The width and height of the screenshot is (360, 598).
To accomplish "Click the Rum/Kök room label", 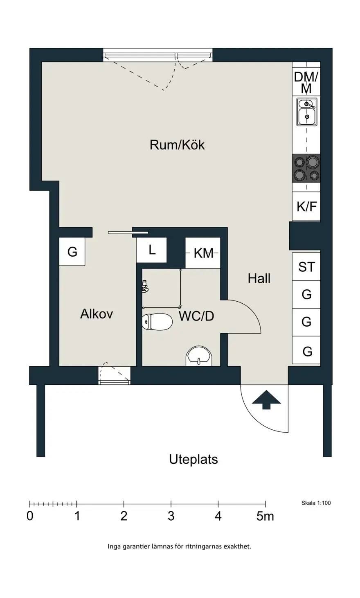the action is (177, 145).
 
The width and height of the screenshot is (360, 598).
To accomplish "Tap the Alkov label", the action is (97, 314).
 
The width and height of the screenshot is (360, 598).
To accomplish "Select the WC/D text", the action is (196, 316).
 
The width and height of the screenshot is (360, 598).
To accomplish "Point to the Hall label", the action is (259, 278).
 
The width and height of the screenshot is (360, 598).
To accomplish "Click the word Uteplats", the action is (193, 459).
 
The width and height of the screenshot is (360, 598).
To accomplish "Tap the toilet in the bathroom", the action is (157, 322).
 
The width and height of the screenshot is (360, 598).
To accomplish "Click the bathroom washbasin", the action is (199, 357).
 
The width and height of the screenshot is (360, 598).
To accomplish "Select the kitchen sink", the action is (307, 112).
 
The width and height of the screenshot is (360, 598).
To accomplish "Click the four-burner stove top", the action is (306, 169).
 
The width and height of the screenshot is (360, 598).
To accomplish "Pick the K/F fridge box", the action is (306, 206).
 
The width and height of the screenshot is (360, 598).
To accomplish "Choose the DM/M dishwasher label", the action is (306, 83).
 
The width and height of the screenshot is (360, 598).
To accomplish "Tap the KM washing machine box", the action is (203, 253).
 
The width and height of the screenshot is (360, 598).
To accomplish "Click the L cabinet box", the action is (152, 250).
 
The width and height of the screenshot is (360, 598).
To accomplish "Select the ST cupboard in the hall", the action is (306, 266).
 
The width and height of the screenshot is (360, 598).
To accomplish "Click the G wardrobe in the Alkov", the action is (72, 251).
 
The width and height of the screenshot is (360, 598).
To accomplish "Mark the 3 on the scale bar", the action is (171, 516).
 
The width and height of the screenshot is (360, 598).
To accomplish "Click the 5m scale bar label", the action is (265, 516).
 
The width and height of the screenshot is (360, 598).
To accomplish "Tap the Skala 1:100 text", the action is (316, 503).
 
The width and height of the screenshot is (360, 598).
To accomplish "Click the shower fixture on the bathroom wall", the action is (145, 286).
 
